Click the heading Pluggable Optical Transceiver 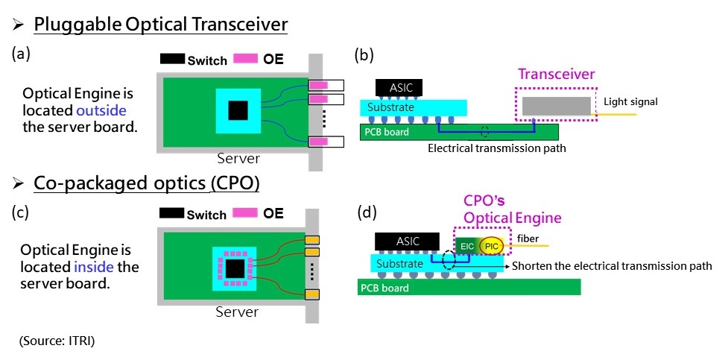[160, 24]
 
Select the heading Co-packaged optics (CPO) [146, 183]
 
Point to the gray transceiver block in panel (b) [557, 105]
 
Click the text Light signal [631, 101]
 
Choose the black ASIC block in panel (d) [408, 241]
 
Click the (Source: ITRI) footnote [57, 341]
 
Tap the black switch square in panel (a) [238, 111]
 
